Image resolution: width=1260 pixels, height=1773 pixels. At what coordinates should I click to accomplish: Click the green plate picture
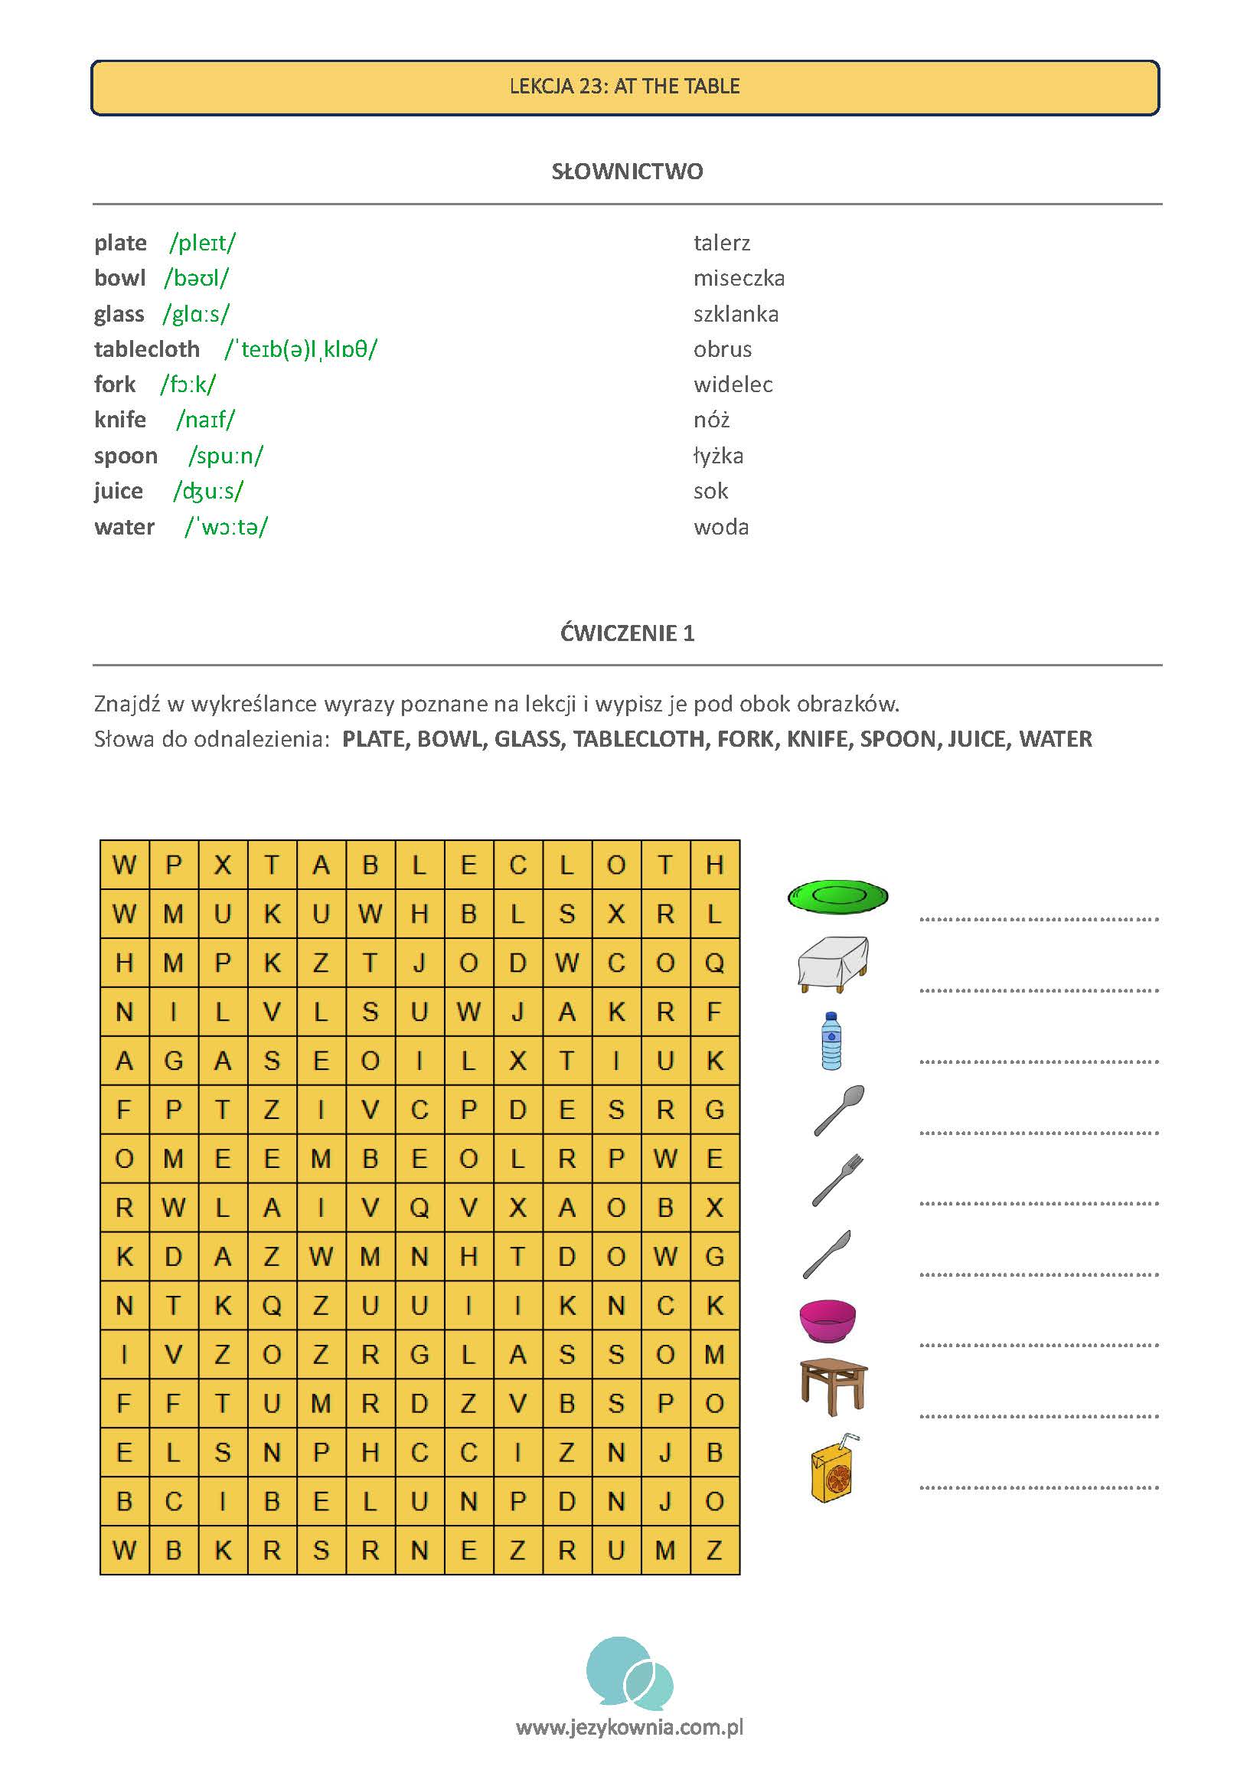837,896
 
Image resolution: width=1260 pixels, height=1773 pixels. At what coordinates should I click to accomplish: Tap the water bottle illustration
831,1041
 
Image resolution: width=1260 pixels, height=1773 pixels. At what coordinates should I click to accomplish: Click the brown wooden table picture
834,1386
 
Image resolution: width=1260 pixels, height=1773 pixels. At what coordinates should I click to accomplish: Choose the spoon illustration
839,1110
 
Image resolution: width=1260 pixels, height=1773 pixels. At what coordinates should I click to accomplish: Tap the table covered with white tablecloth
833,963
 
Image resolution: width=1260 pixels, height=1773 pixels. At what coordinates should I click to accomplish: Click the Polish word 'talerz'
722,243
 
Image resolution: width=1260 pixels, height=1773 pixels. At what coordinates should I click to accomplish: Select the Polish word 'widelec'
733,384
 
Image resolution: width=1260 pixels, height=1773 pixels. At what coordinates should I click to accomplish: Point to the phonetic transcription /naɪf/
206,420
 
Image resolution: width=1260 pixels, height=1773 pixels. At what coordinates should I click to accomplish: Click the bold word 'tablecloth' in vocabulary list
147,349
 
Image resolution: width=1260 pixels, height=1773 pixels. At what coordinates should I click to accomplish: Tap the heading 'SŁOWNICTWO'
627,172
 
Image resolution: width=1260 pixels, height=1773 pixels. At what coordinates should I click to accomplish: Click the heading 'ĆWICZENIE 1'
627,633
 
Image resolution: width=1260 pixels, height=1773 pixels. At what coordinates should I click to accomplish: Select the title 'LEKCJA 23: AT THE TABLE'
625,87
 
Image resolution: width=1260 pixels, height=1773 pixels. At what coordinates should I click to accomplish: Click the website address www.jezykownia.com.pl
629,1728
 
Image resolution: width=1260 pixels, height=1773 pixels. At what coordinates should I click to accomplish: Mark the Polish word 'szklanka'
736,313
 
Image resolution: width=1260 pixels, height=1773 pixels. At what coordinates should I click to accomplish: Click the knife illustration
827,1254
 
